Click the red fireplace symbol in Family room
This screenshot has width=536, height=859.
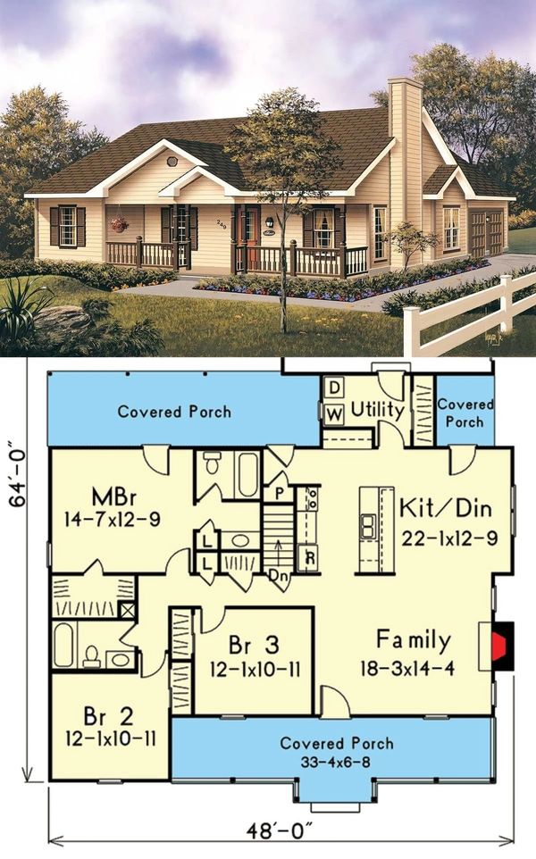point(499,646)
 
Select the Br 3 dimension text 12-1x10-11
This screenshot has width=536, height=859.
point(255,669)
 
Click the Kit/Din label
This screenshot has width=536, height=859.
point(446,508)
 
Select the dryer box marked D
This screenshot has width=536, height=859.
point(334,388)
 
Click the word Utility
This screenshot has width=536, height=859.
point(377,410)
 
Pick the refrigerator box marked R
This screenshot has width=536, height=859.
point(309,558)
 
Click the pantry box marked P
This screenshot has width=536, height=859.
point(280,494)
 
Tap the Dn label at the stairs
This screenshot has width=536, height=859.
point(277,575)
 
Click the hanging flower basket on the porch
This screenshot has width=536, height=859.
point(119,224)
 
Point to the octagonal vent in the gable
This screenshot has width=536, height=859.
point(172,161)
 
